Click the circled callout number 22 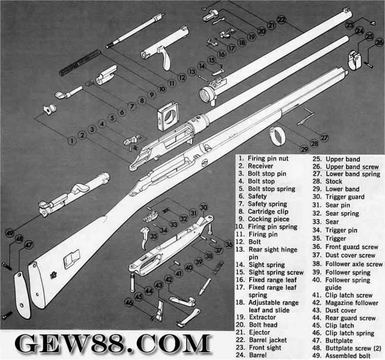tap(282, 20)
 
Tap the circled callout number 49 tap(10, 233)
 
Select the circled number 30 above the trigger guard tap(203, 207)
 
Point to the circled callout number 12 tap(182, 78)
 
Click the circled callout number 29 tap(304, 149)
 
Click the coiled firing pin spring tap(81, 62)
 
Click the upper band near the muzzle tap(355, 60)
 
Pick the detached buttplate tap(22, 294)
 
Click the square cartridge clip tap(168, 116)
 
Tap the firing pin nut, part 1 tap(50, 110)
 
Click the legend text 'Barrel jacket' tap(268, 340)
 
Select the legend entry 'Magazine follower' tap(352, 303)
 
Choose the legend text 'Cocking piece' tap(269, 219)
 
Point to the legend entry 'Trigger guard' tap(345, 197)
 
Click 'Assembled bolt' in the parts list tap(348, 355)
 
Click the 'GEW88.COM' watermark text tap(113, 343)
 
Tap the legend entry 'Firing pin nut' tap(268, 158)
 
